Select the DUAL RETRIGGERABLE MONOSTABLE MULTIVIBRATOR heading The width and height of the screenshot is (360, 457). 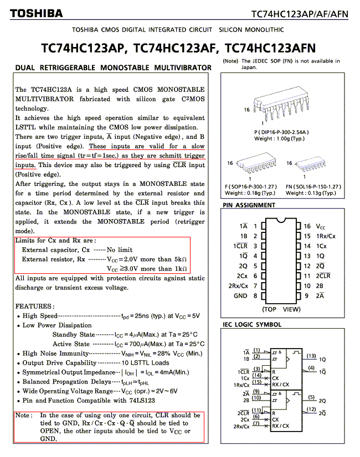(x=113, y=68)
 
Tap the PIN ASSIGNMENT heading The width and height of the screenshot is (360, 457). (x=249, y=205)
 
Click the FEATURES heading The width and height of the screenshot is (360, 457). (x=35, y=306)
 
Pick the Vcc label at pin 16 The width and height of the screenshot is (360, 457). (x=321, y=226)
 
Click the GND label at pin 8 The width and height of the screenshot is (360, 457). (x=240, y=296)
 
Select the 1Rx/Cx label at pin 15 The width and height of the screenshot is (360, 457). (x=326, y=236)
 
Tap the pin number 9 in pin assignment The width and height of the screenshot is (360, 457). (x=306, y=296)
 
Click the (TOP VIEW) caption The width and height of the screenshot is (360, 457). (x=281, y=309)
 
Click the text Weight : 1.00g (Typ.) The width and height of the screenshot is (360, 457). (x=279, y=138)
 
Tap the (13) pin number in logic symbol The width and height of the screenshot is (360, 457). (x=311, y=356)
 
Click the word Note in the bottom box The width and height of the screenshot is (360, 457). (x=23, y=416)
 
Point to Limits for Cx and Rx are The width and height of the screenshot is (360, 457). (x=55, y=241)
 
